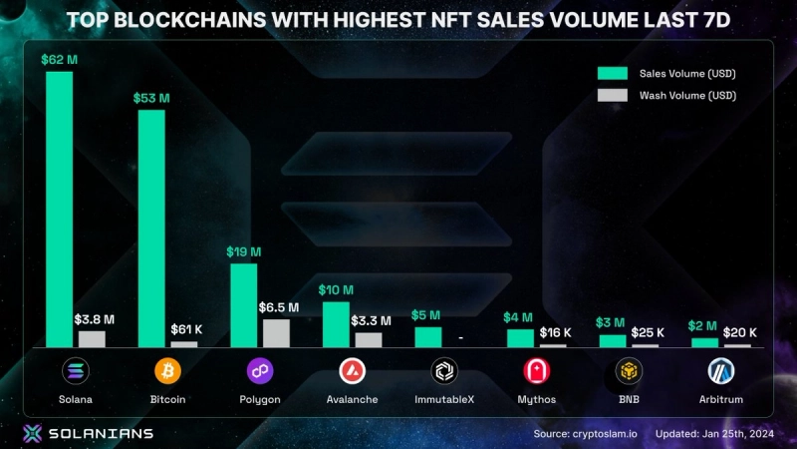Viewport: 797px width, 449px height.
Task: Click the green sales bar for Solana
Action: [59, 209]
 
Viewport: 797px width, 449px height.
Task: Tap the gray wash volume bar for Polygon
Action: [276, 332]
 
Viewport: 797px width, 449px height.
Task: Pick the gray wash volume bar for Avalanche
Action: [368, 339]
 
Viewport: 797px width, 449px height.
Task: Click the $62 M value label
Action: [59, 60]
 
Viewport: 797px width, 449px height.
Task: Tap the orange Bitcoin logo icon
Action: [167, 371]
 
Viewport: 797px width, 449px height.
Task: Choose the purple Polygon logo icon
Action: [260, 371]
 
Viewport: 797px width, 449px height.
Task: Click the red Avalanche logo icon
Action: [353, 371]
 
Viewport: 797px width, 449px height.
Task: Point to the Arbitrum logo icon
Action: [720, 371]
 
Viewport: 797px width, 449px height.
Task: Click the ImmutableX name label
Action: [444, 399]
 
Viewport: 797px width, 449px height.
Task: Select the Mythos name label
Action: [537, 399]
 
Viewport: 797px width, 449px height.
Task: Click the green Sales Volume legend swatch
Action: [612, 73]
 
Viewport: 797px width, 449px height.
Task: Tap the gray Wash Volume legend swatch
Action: [612, 95]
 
